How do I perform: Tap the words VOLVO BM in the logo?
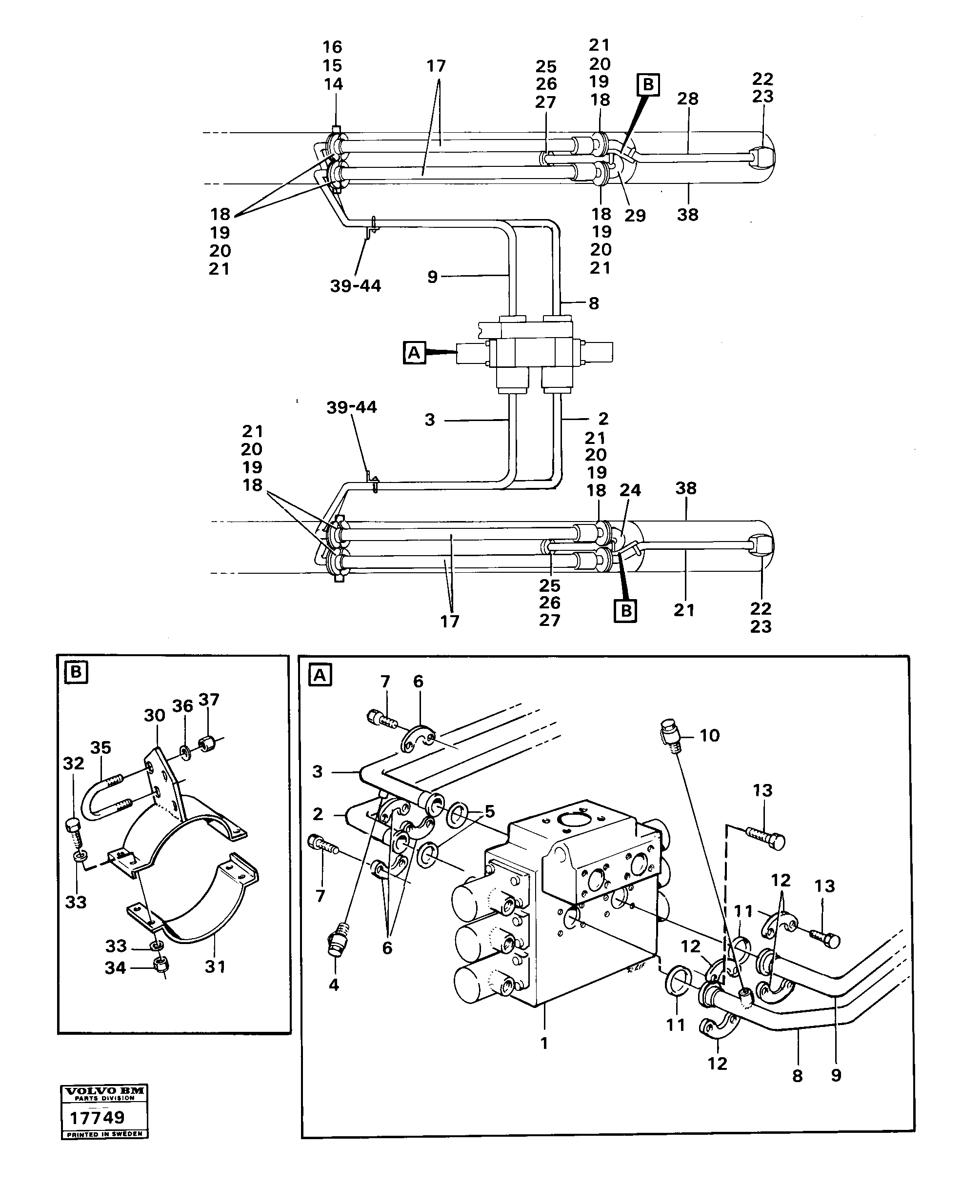[x=104, y=1091]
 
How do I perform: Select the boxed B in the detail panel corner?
[x=76, y=673]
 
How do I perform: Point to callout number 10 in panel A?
[x=709, y=735]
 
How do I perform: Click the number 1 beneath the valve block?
[x=544, y=1043]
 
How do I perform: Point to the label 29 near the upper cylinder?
[x=635, y=216]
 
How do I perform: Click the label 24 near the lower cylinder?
[x=630, y=490]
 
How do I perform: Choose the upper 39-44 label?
[x=355, y=286]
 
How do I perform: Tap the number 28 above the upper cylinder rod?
[x=688, y=99]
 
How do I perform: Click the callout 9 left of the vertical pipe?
[x=432, y=277]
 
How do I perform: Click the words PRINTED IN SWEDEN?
[x=104, y=1134]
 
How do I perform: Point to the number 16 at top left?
[x=333, y=47]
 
